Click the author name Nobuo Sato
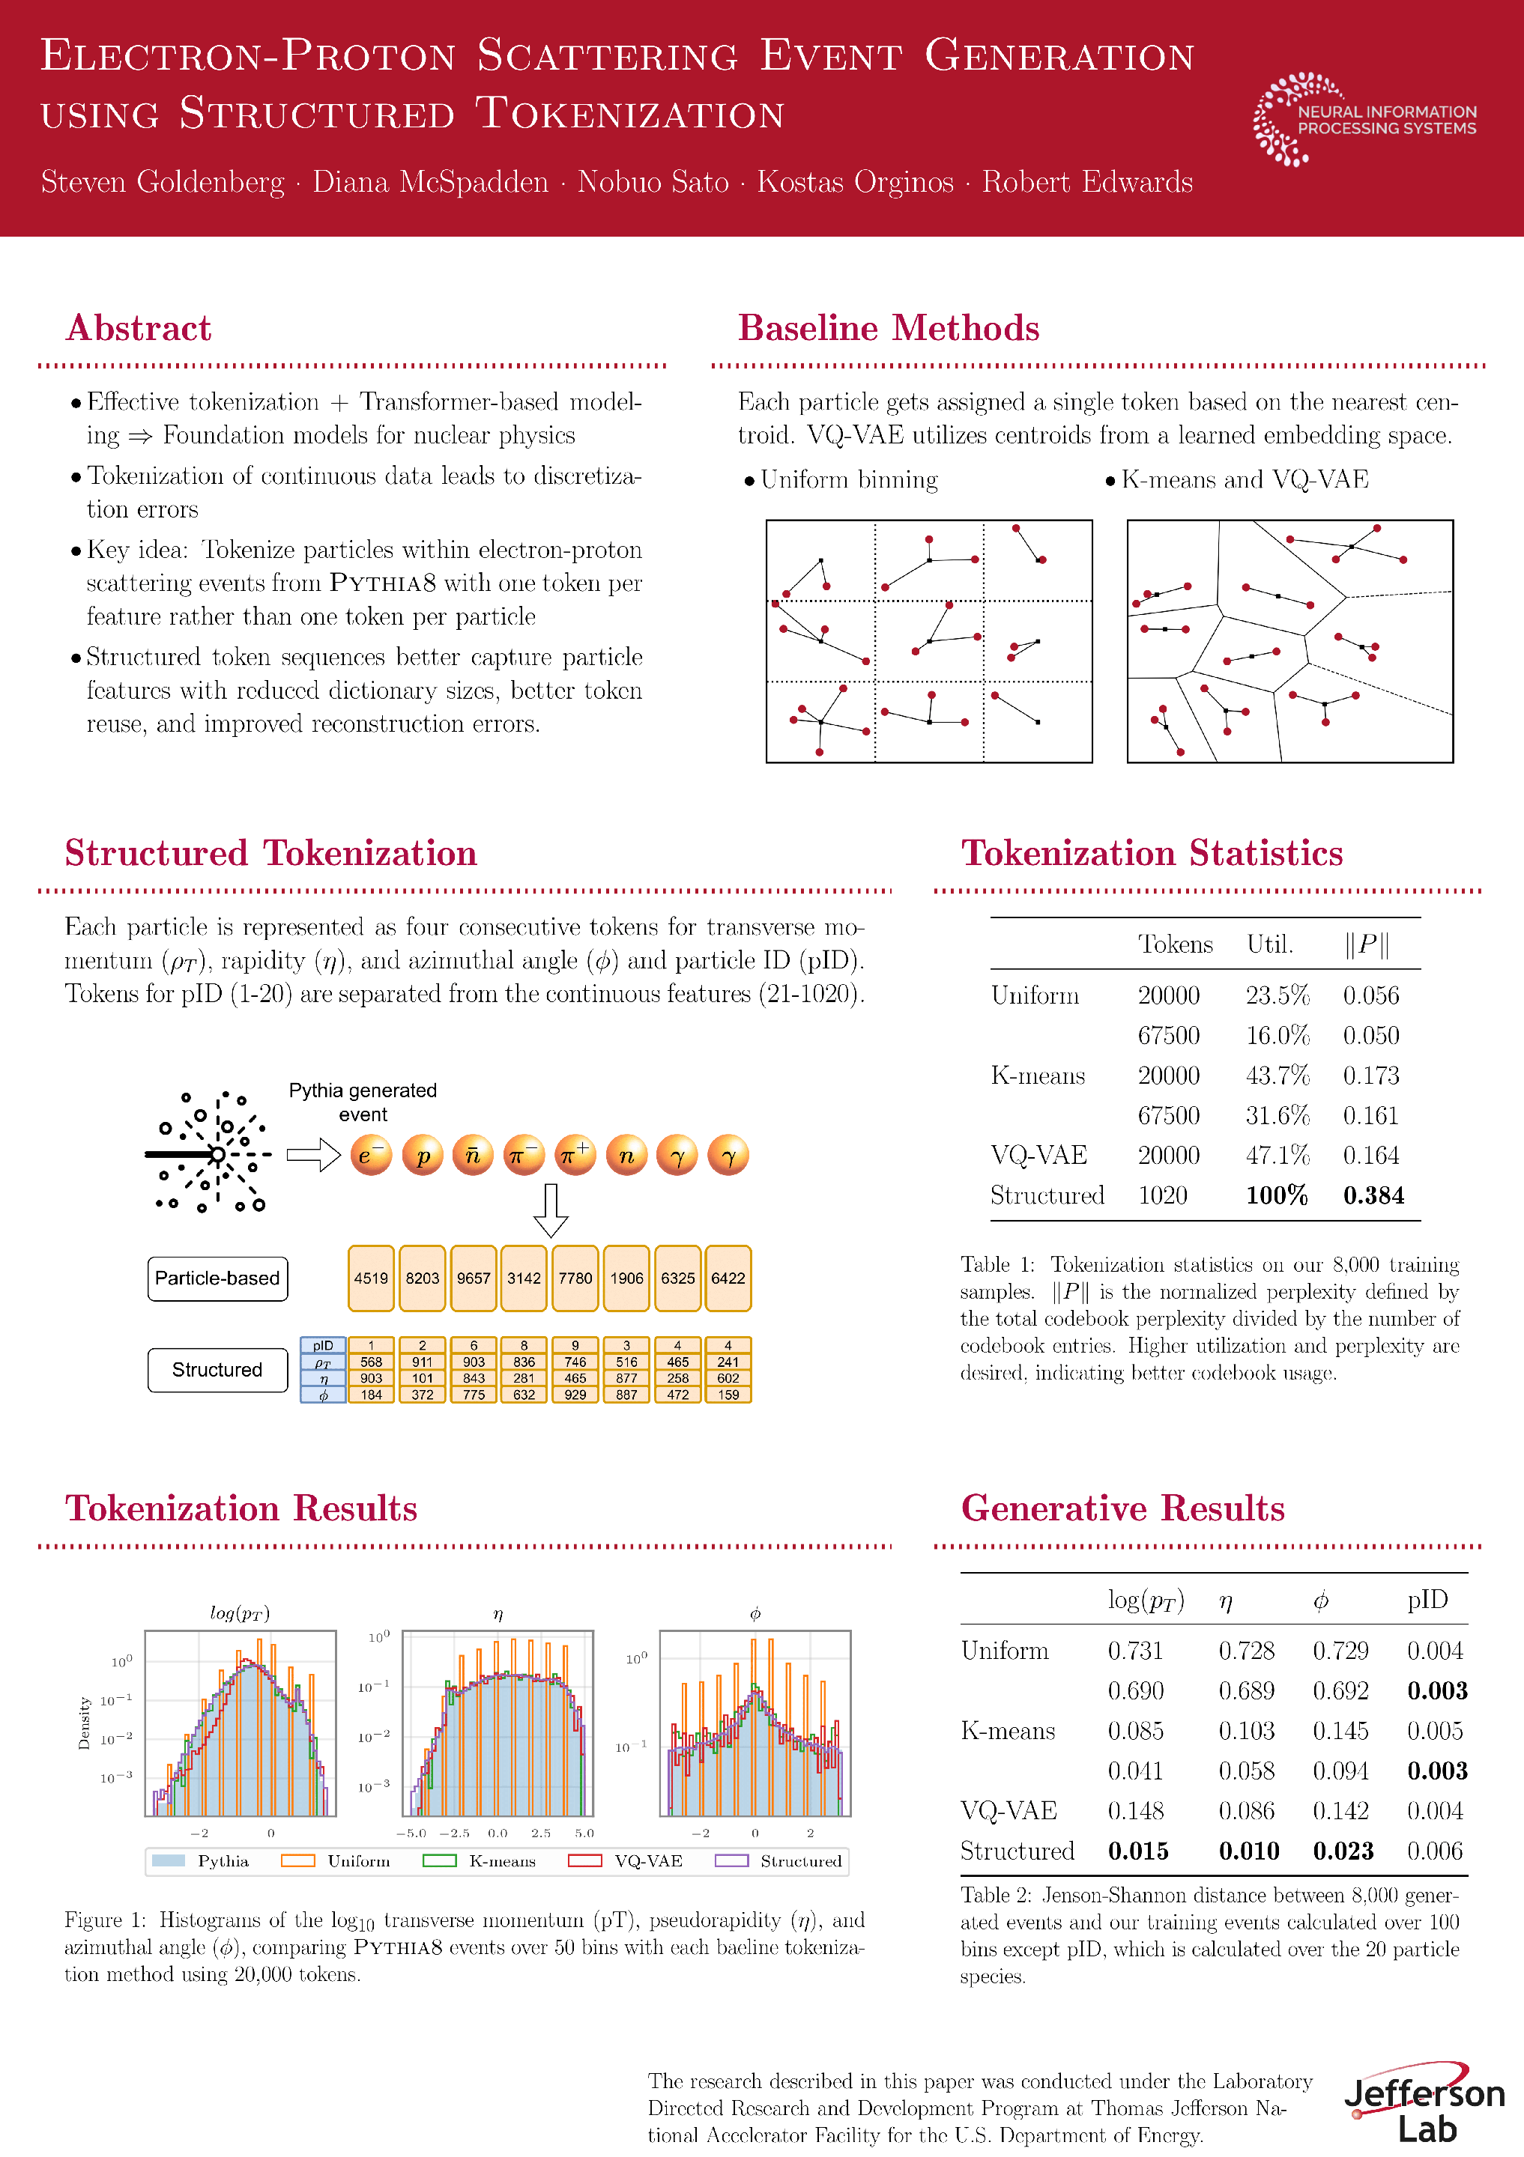[653, 182]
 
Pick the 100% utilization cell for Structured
[1276, 1195]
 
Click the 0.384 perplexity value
[1373, 1195]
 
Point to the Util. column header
[1269, 944]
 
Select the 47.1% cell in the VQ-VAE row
[1277, 1155]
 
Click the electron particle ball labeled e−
[371, 1156]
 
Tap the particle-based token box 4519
[371, 1278]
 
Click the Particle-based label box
[217, 1278]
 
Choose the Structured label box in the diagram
[217, 1370]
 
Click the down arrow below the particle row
[551, 1210]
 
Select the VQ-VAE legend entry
[625, 1861]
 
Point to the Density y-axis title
[85, 1722]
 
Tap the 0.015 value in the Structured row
[1138, 1851]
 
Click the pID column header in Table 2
[1427, 1600]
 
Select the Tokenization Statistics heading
[1152, 853]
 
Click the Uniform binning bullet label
[848, 480]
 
